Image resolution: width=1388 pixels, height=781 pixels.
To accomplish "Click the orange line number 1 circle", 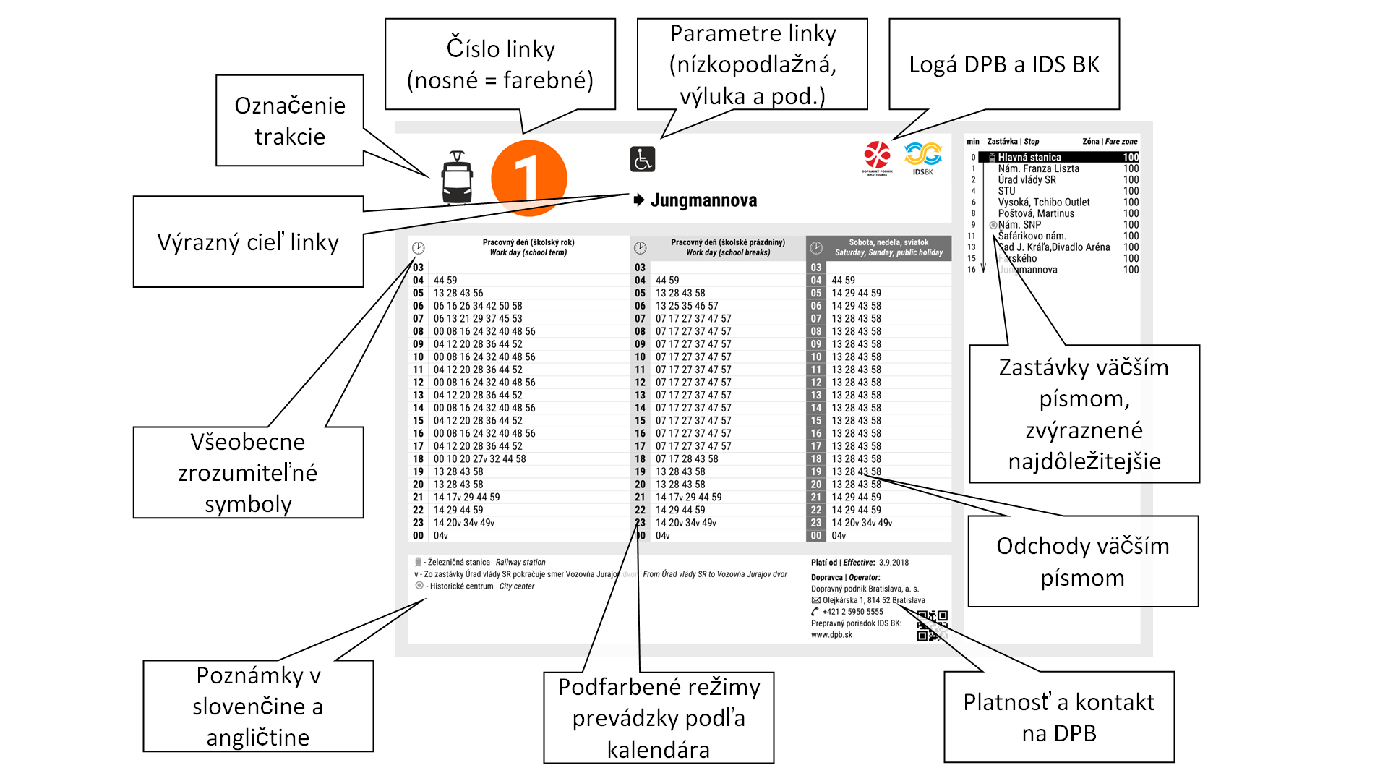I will click(528, 178).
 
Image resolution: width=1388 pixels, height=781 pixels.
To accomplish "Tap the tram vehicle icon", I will click(457, 178).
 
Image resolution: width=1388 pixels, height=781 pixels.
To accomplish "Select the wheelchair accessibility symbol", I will click(642, 159).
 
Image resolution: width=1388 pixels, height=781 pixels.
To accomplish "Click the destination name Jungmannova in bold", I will click(703, 200).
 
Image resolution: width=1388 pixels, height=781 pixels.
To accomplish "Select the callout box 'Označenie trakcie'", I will click(290, 121).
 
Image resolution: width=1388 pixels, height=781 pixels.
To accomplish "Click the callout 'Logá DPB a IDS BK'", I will click(1004, 64).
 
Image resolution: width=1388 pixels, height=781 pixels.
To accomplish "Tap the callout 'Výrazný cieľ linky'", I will click(248, 242).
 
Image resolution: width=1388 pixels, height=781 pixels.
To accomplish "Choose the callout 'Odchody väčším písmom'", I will click(1083, 561).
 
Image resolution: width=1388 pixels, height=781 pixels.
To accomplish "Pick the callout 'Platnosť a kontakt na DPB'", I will click(1059, 717).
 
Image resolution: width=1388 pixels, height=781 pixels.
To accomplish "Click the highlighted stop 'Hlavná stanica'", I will click(1029, 157).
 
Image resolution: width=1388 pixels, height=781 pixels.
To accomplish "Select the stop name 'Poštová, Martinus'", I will click(1036, 213).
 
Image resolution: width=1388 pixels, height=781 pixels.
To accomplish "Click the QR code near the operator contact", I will click(932, 626).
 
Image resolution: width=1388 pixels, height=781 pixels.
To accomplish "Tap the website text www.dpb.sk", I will click(831, 635).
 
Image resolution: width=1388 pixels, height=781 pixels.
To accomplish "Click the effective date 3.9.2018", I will click(894, 562).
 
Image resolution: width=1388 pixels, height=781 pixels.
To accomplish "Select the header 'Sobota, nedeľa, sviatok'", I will click(888, 242).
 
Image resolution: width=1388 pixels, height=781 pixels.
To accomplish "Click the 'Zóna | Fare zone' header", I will click(1110, 142).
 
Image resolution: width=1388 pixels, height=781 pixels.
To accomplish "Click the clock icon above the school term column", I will click(419, 248).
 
